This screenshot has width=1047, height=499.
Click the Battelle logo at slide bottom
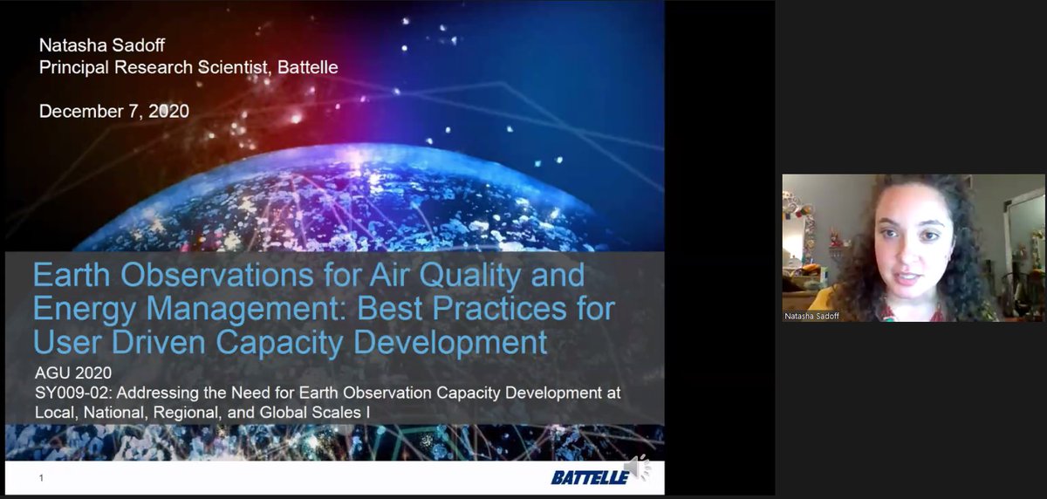[x=590, y=476]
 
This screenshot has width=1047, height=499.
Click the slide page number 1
[x=41, y=478]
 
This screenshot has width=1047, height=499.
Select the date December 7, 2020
[x=114, y=111]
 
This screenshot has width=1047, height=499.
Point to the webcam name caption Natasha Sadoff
[x=811, y=316]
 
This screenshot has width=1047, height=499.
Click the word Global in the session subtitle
[x=284, y=412]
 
